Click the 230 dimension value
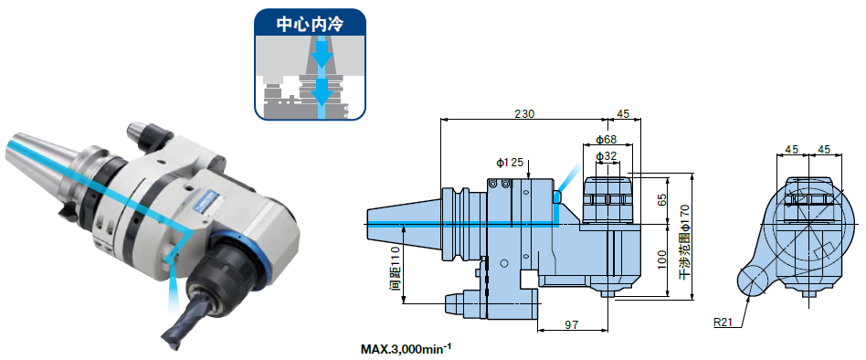(524, 113)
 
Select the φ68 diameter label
(606, 140)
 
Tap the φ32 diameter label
(606, 156)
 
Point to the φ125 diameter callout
(509, 163)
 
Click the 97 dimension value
(572, 324)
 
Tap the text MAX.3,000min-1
(406, 348)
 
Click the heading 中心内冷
(310, 26)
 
